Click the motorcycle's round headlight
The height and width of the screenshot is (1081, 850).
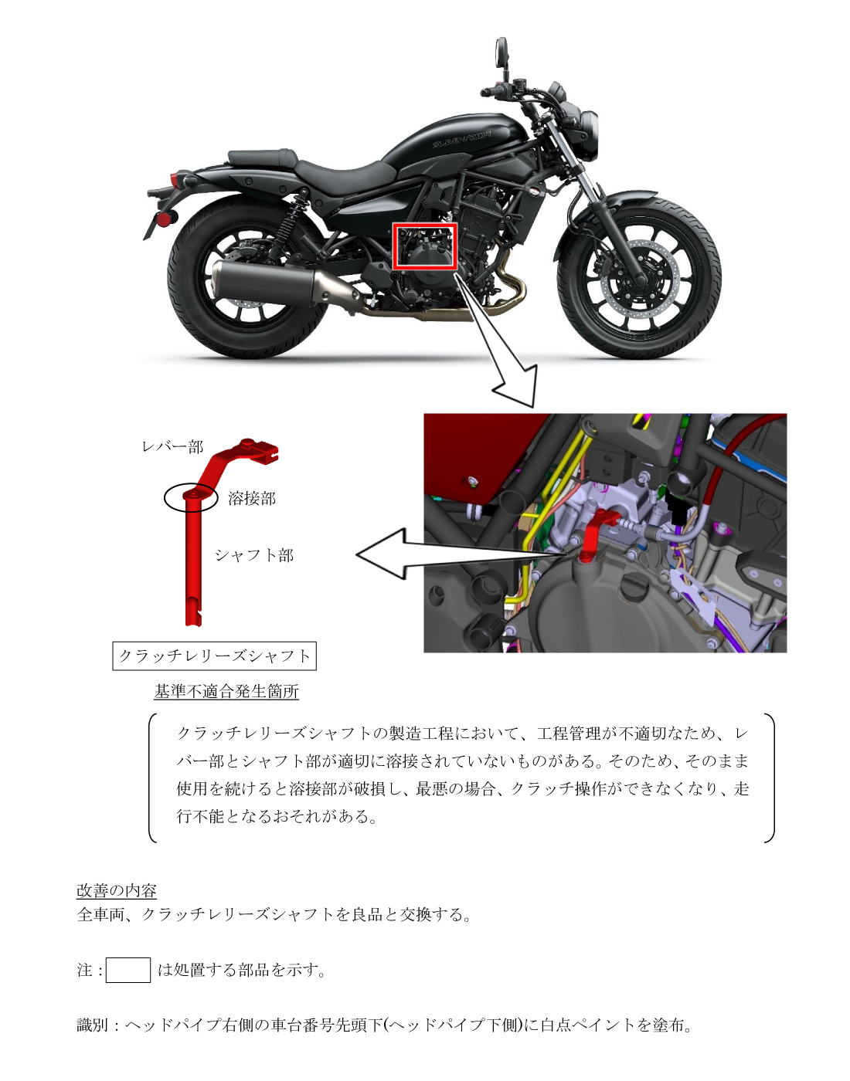pos(590,136)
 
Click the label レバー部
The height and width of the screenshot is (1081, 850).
pos(172,447)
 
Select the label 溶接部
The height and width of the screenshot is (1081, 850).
pos(252,499)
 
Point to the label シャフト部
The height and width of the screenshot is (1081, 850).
pos(254,555)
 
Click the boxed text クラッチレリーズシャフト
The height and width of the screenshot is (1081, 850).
pos(215,656)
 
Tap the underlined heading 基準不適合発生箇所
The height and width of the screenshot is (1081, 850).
pos(226,692)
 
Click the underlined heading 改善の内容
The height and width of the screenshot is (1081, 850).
pos(117,890)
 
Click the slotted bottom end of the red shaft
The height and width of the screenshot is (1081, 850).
pos(193,616)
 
